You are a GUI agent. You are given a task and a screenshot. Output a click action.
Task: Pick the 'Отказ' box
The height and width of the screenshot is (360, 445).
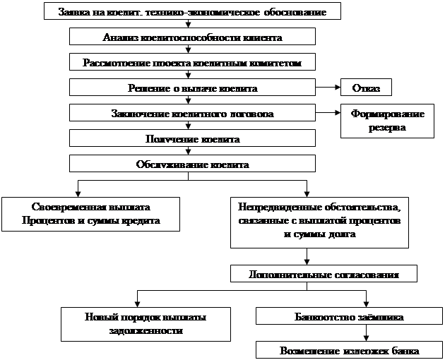coord(365,88)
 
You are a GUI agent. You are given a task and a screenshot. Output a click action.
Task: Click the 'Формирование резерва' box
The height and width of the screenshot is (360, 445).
coord(386,121)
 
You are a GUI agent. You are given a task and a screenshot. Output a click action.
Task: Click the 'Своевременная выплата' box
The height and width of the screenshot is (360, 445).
coord(91,213)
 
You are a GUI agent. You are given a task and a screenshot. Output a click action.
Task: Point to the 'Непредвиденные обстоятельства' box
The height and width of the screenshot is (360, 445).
coord(319,221)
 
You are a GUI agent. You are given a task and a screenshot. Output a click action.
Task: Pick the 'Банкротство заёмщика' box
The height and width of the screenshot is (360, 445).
coord(349,317)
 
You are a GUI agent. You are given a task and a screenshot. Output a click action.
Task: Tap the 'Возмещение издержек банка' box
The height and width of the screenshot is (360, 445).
coord(349,350)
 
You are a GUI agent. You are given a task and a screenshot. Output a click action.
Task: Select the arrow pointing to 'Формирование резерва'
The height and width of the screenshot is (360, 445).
coord(326,113)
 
